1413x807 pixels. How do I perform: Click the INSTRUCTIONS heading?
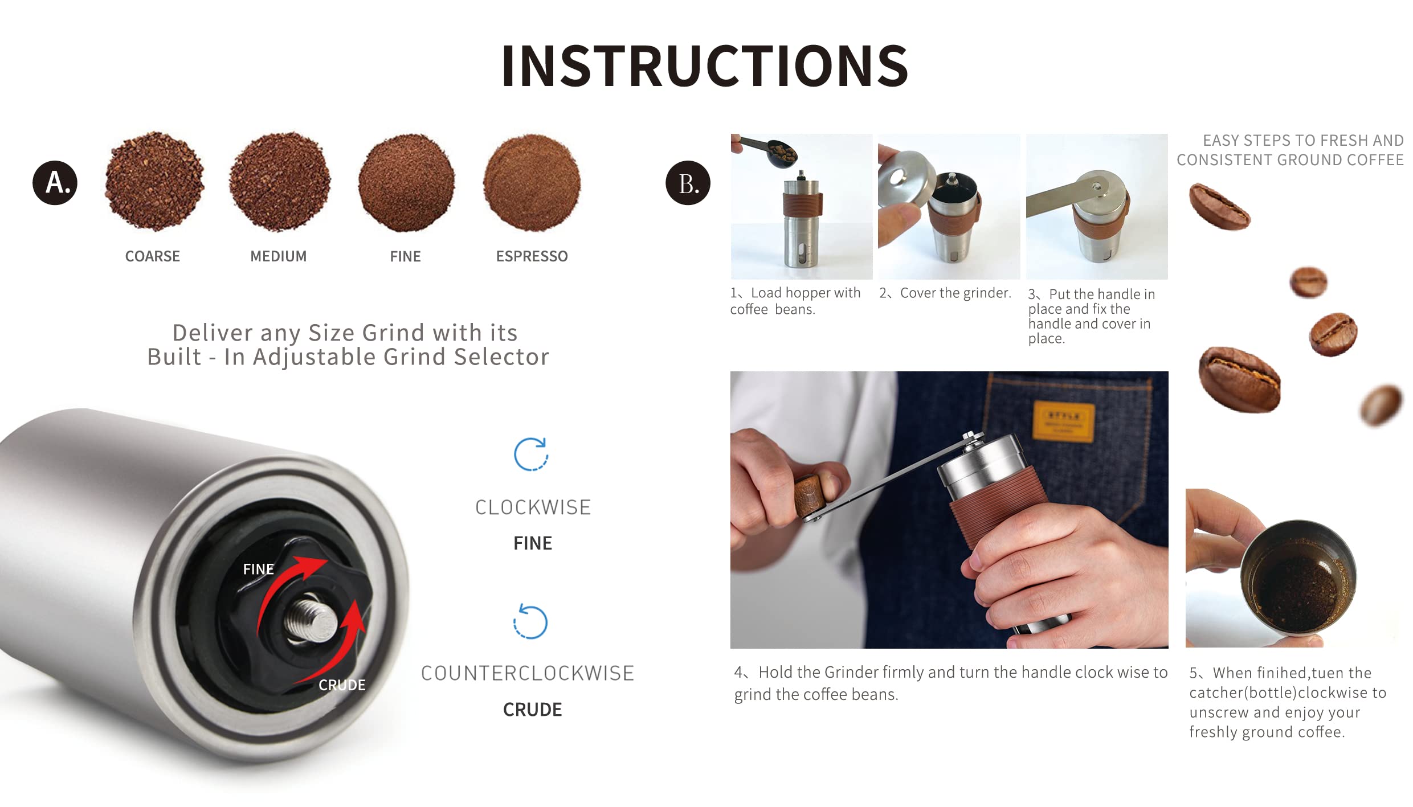click(x=705, y=66)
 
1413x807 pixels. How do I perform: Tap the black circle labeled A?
click(x=55, y=183)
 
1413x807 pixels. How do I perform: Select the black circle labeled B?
click(x=688, y=183)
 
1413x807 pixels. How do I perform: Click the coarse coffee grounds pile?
click(x=154, y=181)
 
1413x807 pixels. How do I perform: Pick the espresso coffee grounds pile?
click(x=532, y=183)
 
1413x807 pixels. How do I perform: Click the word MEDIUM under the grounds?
click(x=279, y=256)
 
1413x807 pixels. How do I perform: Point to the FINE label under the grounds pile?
click(x=405, y=256)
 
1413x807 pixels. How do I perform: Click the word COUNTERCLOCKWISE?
click(x=528, y=673)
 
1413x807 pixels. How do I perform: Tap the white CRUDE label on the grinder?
click(x=342, y=685)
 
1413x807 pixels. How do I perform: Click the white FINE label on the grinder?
click(x=259, y=569)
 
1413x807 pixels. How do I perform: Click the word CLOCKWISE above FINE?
click(x=533, y=507)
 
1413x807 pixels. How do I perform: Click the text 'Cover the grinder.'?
click(x=956, y=293)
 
